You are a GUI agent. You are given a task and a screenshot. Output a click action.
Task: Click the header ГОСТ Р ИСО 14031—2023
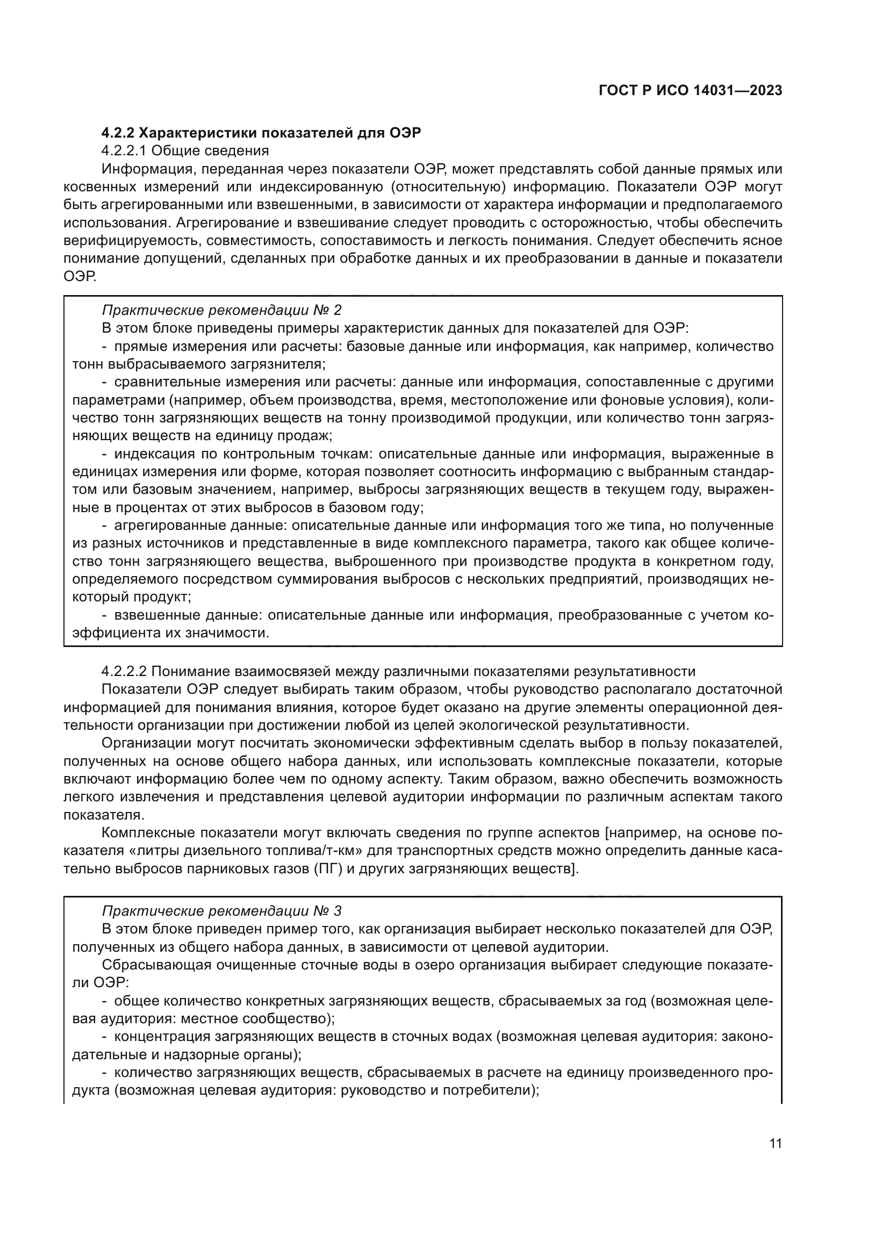click(690, 91)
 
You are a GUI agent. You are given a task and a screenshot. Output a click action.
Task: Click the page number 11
click(775, 1144)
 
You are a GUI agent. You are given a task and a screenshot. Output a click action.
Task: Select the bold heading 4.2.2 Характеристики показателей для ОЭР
click(261, 133)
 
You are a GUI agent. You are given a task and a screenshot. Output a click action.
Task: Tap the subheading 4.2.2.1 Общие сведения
click(185, 150)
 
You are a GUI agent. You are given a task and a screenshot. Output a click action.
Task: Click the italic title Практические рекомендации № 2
click(221, 311)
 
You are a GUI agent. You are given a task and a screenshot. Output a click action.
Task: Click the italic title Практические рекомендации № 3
click(221, 911)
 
